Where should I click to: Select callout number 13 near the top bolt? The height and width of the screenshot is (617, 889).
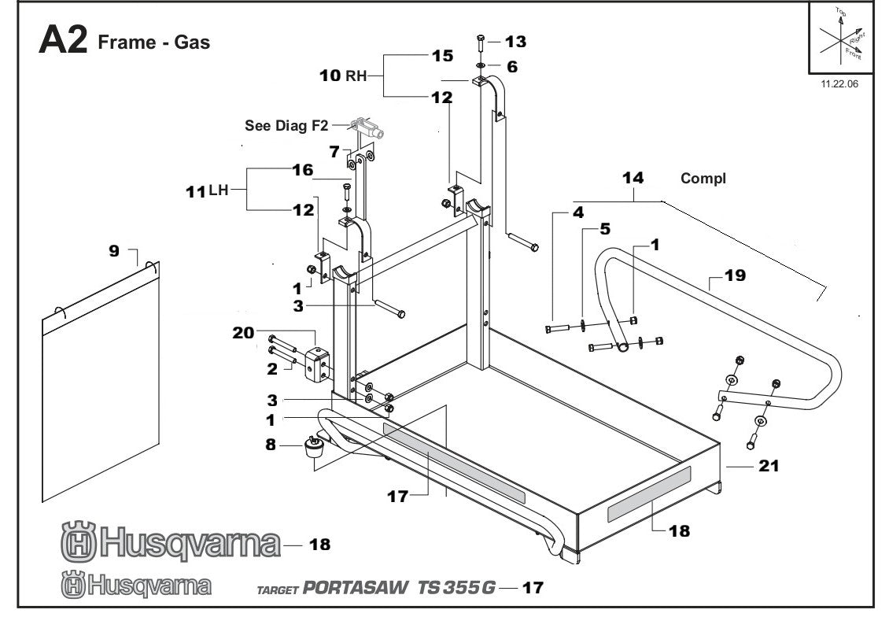[515, 41]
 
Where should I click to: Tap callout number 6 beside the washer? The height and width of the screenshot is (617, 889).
[512, 67]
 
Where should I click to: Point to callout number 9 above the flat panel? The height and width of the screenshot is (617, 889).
[115, 252]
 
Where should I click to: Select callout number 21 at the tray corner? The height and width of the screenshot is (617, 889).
[768, 466]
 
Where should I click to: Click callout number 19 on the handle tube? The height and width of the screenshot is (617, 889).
[735, 275]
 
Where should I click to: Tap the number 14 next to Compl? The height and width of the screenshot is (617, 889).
[633, 178]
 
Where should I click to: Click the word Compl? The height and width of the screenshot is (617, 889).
[703, 179]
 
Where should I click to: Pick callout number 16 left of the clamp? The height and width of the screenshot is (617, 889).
[303, 170]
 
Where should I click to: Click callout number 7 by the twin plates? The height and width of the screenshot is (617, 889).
[334, 150]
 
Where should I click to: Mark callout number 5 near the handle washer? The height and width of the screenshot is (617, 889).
[604, 231]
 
